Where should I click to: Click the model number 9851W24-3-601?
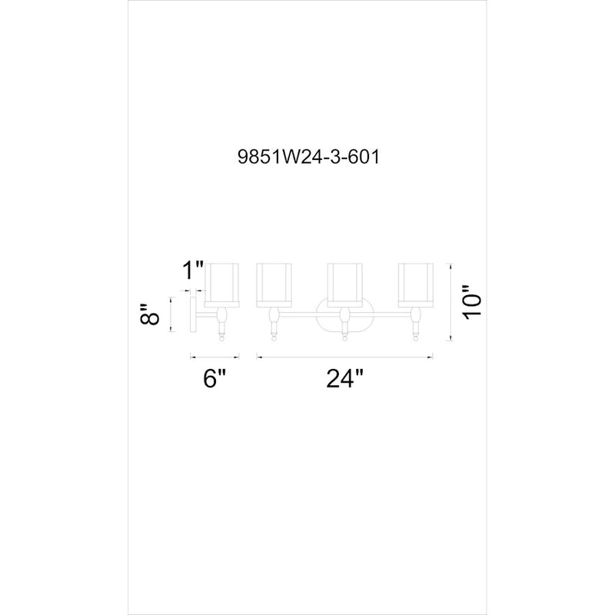[308, 158]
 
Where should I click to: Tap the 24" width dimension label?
[344, 379]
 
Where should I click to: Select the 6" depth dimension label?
[214, 379]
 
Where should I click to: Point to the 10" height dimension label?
[472, 303]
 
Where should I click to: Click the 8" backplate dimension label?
[149, 314]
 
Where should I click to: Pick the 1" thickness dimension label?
[193, 271]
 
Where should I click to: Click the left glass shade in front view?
[274, 285]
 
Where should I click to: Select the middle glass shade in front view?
[344, 285]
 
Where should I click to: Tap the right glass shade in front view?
[416, 285]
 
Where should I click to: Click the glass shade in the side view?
[221, 284]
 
